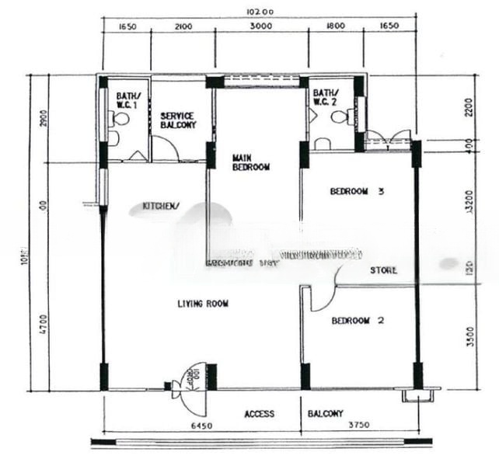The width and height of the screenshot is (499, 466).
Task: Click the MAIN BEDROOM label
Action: [x=251, y=162]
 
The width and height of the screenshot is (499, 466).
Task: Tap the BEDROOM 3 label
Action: [x=357, y=192]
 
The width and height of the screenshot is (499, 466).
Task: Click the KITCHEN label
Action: [x=161, y=207]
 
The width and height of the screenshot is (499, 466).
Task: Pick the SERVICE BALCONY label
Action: [x=178, y=120]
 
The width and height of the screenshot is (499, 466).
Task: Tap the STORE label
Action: [x=383, y=270]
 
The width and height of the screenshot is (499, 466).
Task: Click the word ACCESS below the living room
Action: [x=259, y=414]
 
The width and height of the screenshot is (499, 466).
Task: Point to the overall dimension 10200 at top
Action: [x=257, y=12]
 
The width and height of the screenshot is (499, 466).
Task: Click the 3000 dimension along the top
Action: [x=260, y=26]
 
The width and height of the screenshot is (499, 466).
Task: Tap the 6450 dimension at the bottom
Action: [x=201, y=426]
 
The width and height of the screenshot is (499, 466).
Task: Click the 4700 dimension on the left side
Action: [x=44, y=319]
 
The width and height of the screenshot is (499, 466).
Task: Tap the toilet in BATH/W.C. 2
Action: [x=340, y=117]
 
